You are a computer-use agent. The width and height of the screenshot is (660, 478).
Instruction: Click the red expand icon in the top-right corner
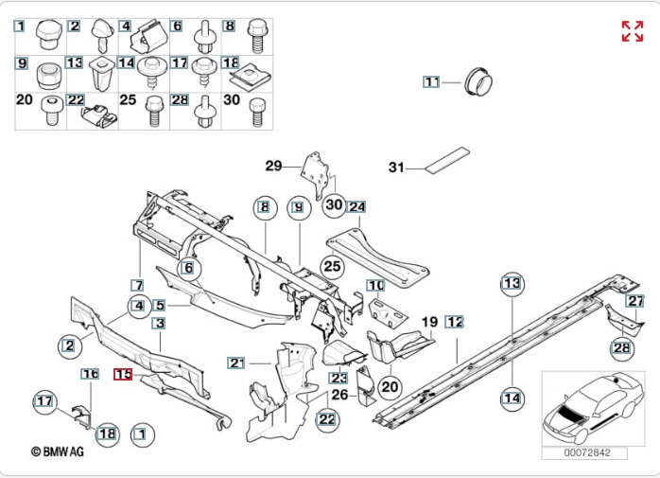pos(632,31)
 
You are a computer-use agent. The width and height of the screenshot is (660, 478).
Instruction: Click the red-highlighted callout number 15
pos(124,374)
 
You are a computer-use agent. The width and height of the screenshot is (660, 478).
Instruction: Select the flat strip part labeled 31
pos(448,161)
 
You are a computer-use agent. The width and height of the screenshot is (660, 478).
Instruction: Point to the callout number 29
pos(273,167)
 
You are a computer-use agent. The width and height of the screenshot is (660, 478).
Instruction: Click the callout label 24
pos(356,206)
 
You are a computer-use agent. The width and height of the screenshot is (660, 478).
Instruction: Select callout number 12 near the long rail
pos(455,322)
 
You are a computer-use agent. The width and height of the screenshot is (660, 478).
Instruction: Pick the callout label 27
pos(634,301)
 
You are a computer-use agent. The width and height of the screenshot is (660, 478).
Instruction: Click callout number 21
pos(236,363)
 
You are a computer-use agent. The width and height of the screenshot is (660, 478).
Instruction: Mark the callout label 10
pos(376,285)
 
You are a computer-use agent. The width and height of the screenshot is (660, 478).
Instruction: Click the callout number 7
pos(138,285)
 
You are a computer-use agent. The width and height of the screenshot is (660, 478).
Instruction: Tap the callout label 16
pos(90,374)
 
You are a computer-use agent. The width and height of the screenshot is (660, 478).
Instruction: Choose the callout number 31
pos(397,168)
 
